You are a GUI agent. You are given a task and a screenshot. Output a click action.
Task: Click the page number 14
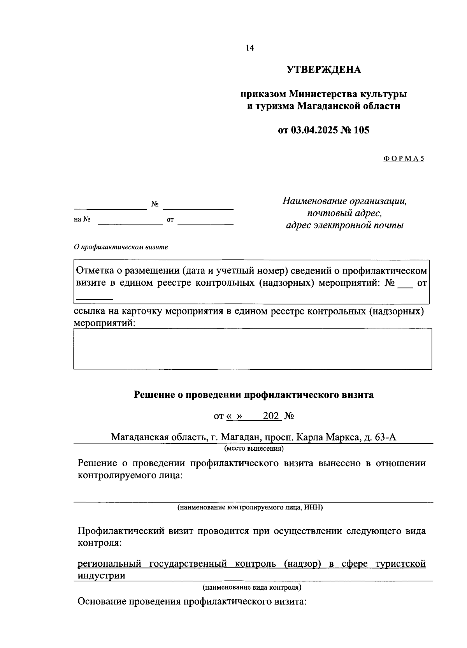tap(249, 48)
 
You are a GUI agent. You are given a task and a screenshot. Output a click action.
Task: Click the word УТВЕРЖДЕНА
tap(324, 70)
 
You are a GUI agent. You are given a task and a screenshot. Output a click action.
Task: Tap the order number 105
tap(362, 130)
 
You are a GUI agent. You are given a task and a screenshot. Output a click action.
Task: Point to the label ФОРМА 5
tap(403, 159)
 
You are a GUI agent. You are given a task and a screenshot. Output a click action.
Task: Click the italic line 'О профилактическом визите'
tap(121, 247)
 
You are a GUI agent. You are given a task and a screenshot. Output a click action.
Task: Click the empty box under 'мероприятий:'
tap(252, 349)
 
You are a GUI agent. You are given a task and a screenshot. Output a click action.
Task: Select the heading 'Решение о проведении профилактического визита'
tap(254, 395)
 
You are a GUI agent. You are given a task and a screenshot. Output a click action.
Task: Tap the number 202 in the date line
tap(271, 416)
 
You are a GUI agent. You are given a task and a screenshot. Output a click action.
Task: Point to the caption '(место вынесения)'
tap(254, 448)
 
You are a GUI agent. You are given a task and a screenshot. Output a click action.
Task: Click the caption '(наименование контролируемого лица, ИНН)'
tap(250, 508)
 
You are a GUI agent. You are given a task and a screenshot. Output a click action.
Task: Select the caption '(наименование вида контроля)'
tap(252, 587)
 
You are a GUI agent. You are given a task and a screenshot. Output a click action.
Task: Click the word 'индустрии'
tap(102, 576)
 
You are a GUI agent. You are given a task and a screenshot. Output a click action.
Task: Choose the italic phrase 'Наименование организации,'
tap(344, 201)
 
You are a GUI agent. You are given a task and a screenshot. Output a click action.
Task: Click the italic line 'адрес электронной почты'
tap(344, 225)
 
